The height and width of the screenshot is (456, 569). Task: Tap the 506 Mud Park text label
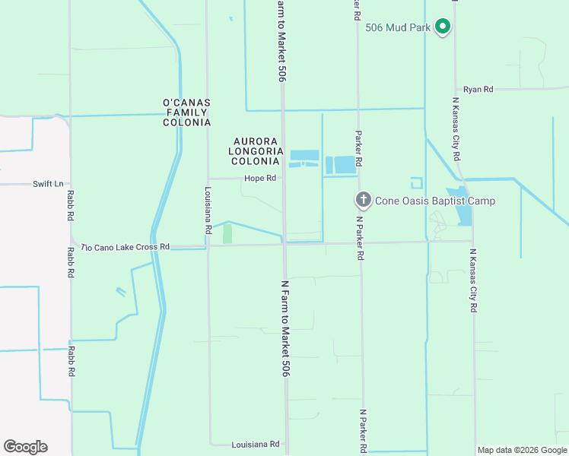398,28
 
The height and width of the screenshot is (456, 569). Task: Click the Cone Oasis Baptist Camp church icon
364,201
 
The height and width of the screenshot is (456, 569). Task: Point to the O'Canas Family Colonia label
186,112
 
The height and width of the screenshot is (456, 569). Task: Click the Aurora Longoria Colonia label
259,151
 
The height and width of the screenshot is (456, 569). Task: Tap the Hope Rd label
259,179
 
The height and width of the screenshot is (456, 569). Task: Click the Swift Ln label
47,184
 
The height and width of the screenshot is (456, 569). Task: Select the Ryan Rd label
478,90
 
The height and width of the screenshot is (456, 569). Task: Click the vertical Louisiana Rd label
208,210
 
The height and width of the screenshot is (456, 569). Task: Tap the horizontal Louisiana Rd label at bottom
256,445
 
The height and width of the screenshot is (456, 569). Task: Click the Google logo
25,447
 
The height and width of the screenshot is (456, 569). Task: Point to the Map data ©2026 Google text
522,450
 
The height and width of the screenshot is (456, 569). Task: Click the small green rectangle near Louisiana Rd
227,234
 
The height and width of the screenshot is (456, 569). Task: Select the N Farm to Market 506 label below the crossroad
286,327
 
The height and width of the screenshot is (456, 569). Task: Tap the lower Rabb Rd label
72,362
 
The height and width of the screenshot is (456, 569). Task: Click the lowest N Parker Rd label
364,432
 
